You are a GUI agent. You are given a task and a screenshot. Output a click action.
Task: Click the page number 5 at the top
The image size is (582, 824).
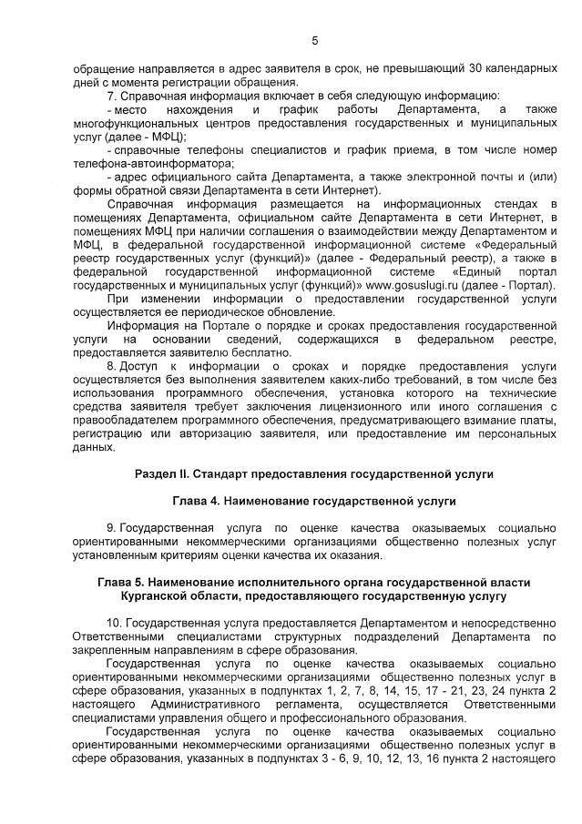pos(315,40)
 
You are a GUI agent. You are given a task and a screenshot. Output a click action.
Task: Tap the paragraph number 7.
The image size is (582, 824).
pos(110,95)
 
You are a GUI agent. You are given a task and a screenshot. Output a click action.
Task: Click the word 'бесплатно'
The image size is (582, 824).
pos(265,352)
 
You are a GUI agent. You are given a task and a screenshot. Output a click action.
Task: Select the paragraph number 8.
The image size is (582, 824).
pos(110,366)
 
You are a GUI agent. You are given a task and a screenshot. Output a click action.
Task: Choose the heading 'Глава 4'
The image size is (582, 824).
pos(194,501)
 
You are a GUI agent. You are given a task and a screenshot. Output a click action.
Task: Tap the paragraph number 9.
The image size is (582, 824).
pos(110,528)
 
